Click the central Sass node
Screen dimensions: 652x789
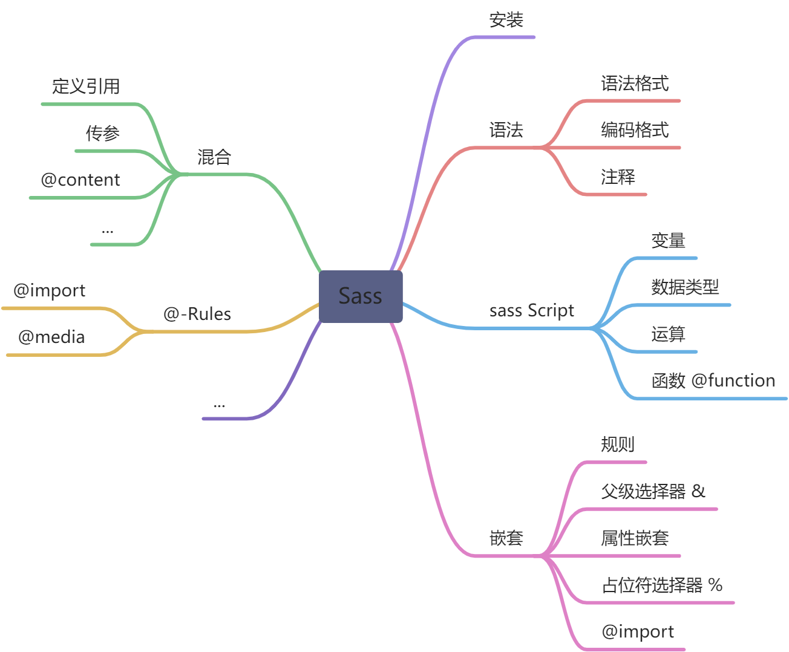[361, 296]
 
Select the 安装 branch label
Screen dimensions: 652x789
[506, 21]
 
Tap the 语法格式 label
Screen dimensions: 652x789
[635, 83]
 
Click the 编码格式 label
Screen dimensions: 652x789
[635, 130]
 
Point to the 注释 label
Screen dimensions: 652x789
[618, 177]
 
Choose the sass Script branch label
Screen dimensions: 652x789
[531, 311]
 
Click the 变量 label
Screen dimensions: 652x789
[668, 241]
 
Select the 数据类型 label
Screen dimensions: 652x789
[685, 287]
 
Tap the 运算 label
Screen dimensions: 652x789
[668, 334]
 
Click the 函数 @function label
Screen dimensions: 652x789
[713, 380]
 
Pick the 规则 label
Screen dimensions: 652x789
[618, 445]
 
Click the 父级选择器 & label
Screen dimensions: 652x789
[653, 491]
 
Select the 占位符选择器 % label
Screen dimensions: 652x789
[662, 585]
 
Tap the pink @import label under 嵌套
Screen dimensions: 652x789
[638, 632]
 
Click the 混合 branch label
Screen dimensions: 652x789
[214, 157]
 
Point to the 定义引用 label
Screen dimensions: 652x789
[86, 86]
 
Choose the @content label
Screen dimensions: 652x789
[80, 180]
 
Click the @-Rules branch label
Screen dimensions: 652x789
[197, 315]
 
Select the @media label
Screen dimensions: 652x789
[51, 337]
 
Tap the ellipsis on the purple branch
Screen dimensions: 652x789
[219, 404]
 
